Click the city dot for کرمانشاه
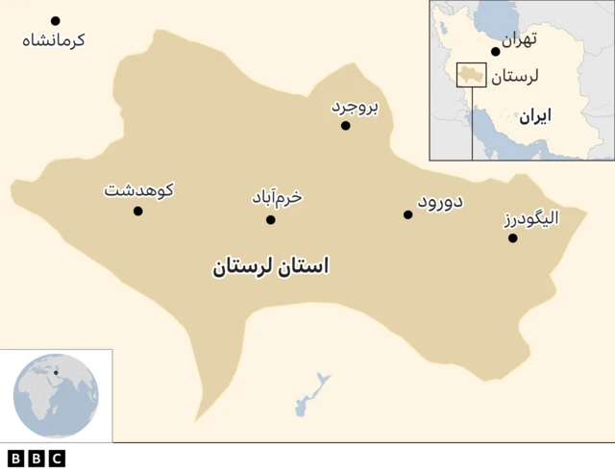tap(56, 20)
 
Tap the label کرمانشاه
tap(54, 40)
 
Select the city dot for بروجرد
tap(346, 125)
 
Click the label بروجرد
tap(355, 107)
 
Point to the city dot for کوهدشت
tap(137, 211)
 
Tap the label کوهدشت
tap(138, 190)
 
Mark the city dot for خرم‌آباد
tap(271, 220)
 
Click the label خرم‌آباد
tap(277, 198)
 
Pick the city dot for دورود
tap(408, 214)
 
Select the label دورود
tap(440, 202)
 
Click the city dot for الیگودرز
tap(513, 237)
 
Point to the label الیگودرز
tap(531, 218)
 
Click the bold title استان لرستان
tap(270, 266)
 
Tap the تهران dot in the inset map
tap(496, 52)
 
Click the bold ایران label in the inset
tap(534, 116)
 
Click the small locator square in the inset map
tap(471, 75)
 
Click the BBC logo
tap(36, 459)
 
